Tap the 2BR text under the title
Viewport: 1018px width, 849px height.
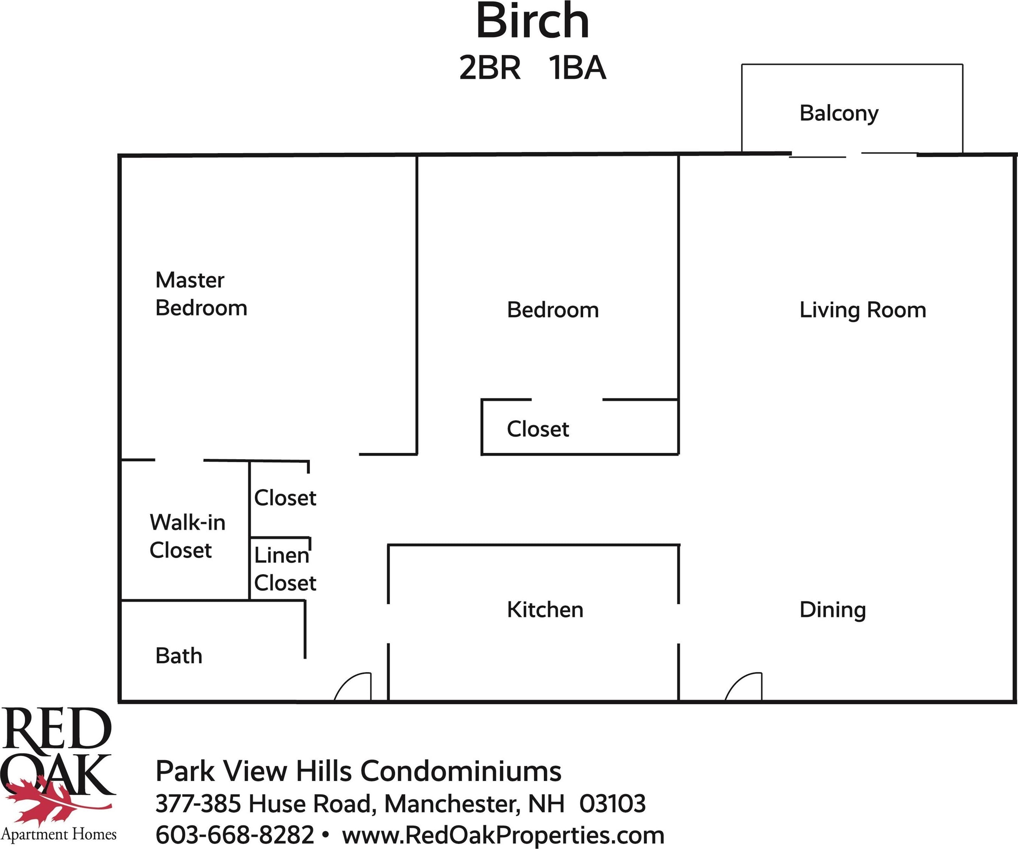coord(490,68)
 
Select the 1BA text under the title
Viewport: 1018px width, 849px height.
coord(577,68)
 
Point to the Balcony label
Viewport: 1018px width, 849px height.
coord(839,114)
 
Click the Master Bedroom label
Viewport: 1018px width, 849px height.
coord(201,294)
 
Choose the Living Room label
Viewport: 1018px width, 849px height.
coord(863,310)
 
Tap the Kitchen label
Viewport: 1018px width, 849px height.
coord(545,610)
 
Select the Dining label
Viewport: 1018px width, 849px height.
coord(832,610)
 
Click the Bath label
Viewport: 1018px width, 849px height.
coord(179,656)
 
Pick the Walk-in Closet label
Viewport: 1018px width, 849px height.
coord(188,537)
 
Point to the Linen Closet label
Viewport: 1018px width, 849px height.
coord(285,569)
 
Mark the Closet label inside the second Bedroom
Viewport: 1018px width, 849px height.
coord(538,429)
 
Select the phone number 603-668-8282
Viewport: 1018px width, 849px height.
coord(235,835)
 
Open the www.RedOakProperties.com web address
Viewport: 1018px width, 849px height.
coord(503,835)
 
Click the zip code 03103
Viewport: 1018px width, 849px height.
coord(613,804)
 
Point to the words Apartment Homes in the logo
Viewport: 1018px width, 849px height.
coord(59,834)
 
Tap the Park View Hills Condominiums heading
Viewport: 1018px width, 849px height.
coord(358,771)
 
